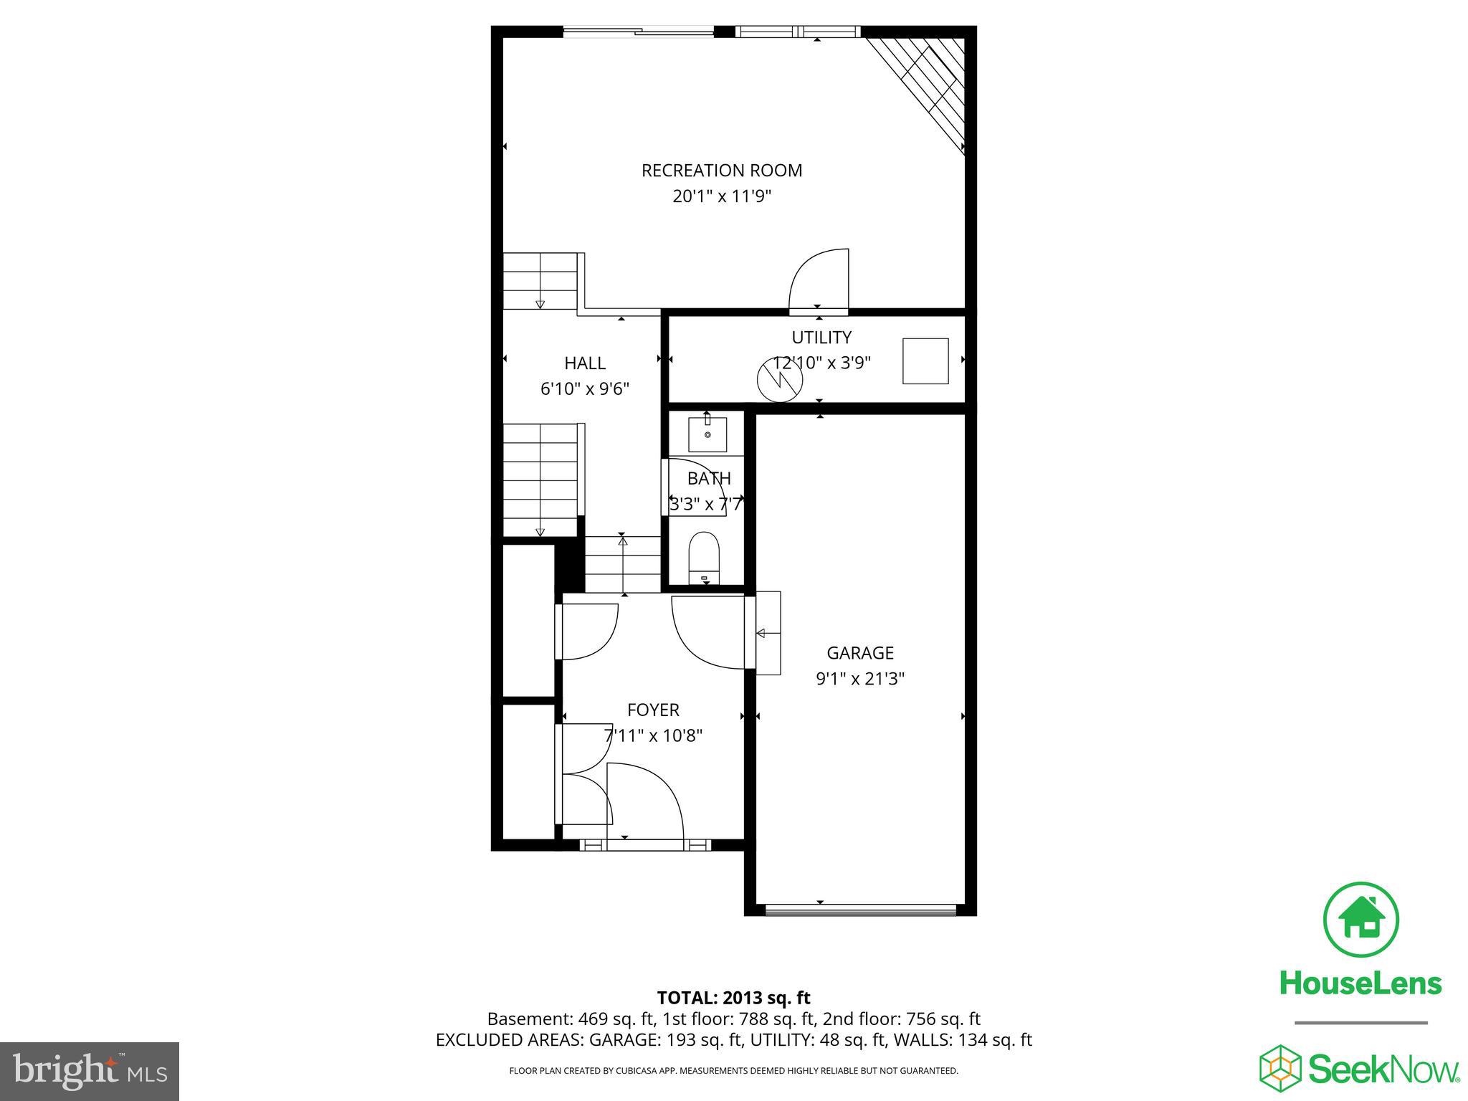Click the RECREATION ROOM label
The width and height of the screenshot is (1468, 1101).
[721, 171]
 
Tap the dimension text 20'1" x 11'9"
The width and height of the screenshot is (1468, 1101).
[721, 196]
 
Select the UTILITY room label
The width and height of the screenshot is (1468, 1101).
[821, 337]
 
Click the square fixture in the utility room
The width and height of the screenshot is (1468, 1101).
[925, 361]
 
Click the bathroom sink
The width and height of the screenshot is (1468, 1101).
[707, 434]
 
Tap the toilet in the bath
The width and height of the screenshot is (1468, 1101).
[703, 558]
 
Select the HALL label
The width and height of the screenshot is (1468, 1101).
[585, 363]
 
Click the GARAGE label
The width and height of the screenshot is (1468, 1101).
[860, 653]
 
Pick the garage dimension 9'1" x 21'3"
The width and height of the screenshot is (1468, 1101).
[860, 679]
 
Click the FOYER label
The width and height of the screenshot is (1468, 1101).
[653, 710]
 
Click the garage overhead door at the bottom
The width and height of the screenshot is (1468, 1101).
[860, 910]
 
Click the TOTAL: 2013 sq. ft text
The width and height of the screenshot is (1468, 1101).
[733, 998]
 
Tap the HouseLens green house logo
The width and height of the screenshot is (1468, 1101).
[1360, 920]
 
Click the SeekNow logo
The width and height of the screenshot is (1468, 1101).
[1360, 1068]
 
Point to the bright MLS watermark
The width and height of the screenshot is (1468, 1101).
[90, 1071]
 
